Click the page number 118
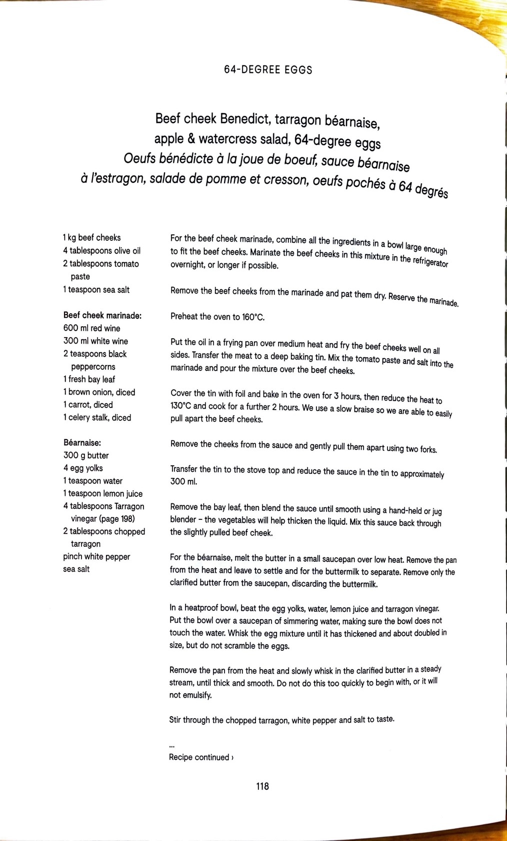(x=262, y=786)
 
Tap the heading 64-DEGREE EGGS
(x=268, y=70)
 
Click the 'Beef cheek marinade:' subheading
(x=102, y=315)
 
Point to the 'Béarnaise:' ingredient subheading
(x=82, y=442)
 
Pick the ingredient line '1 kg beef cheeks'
(x=92, y=238)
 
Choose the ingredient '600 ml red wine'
(x=92, y=328)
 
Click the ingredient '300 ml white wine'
(x=95, y=341)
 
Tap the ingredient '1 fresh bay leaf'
(x=89, y=379)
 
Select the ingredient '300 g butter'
(x=86, y=455)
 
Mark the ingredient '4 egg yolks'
(x=83, y=468)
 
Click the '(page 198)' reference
(x=116, y=518)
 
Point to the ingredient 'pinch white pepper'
(x=96, y=556)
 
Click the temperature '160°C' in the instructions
(x=253, y=317)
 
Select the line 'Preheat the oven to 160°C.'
(x=217, y=317)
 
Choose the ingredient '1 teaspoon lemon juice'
(x=103, y=493)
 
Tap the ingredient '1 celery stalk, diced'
(x=97, y=418)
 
